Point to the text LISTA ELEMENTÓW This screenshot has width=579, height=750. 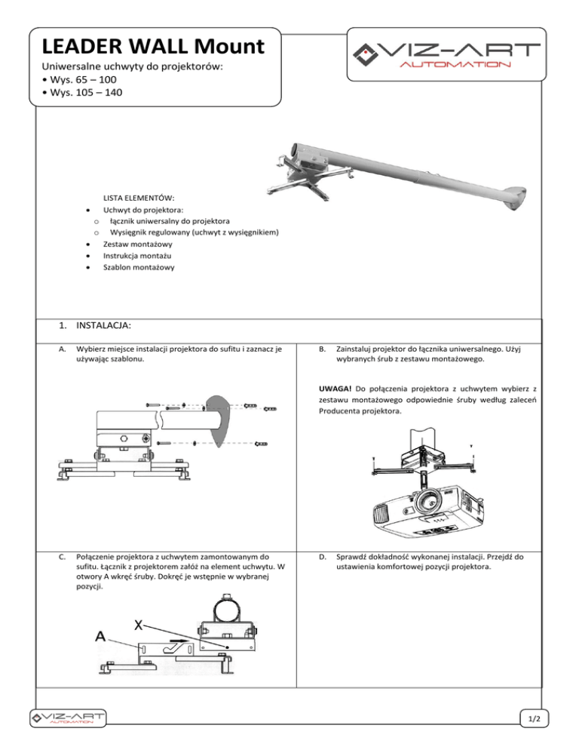coord(138,196)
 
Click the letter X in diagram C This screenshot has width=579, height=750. coord(139,626)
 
